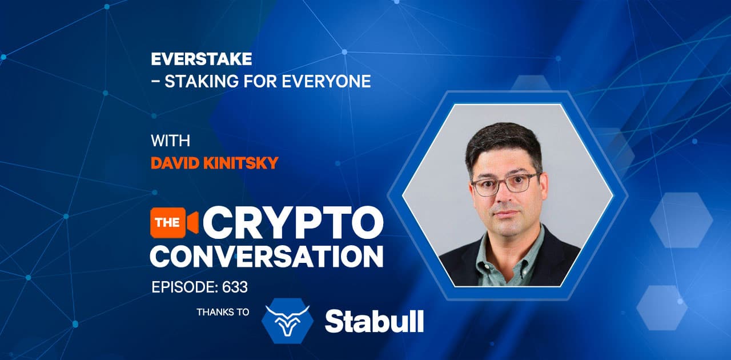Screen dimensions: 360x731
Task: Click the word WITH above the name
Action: click(170, 141)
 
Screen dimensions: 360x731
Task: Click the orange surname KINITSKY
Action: click(243, 163)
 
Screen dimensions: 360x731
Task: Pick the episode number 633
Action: click(236, 287)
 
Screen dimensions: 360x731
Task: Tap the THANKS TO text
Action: click(223, 313)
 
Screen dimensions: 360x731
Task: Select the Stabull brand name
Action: click(374, 321)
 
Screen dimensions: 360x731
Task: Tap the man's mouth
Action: click(507, 214)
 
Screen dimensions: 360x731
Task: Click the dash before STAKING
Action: click(155, 82)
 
